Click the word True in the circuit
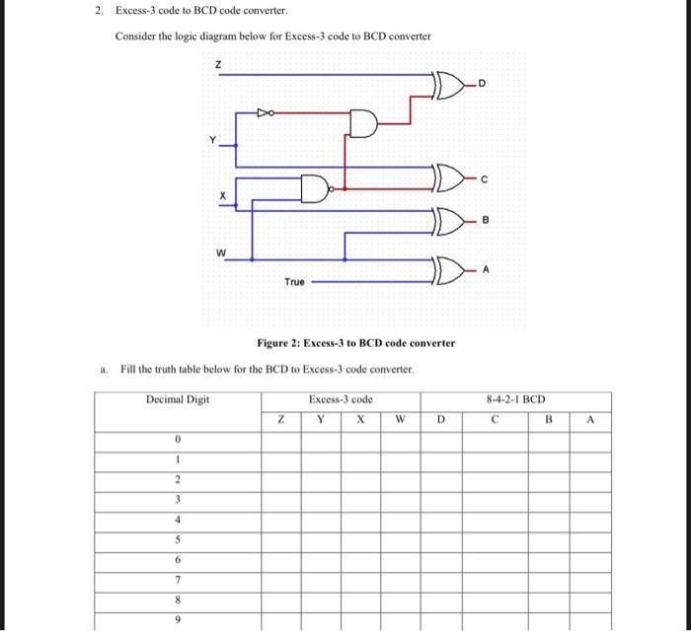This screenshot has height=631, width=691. (x=294, y=282)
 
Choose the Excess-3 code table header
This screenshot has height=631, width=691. (x=341, y=399)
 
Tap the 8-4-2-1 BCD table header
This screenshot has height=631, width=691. (x=516, y=399)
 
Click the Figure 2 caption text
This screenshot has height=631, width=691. (x=355, y=343)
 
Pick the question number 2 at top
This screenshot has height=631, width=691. (x=100, y=11)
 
